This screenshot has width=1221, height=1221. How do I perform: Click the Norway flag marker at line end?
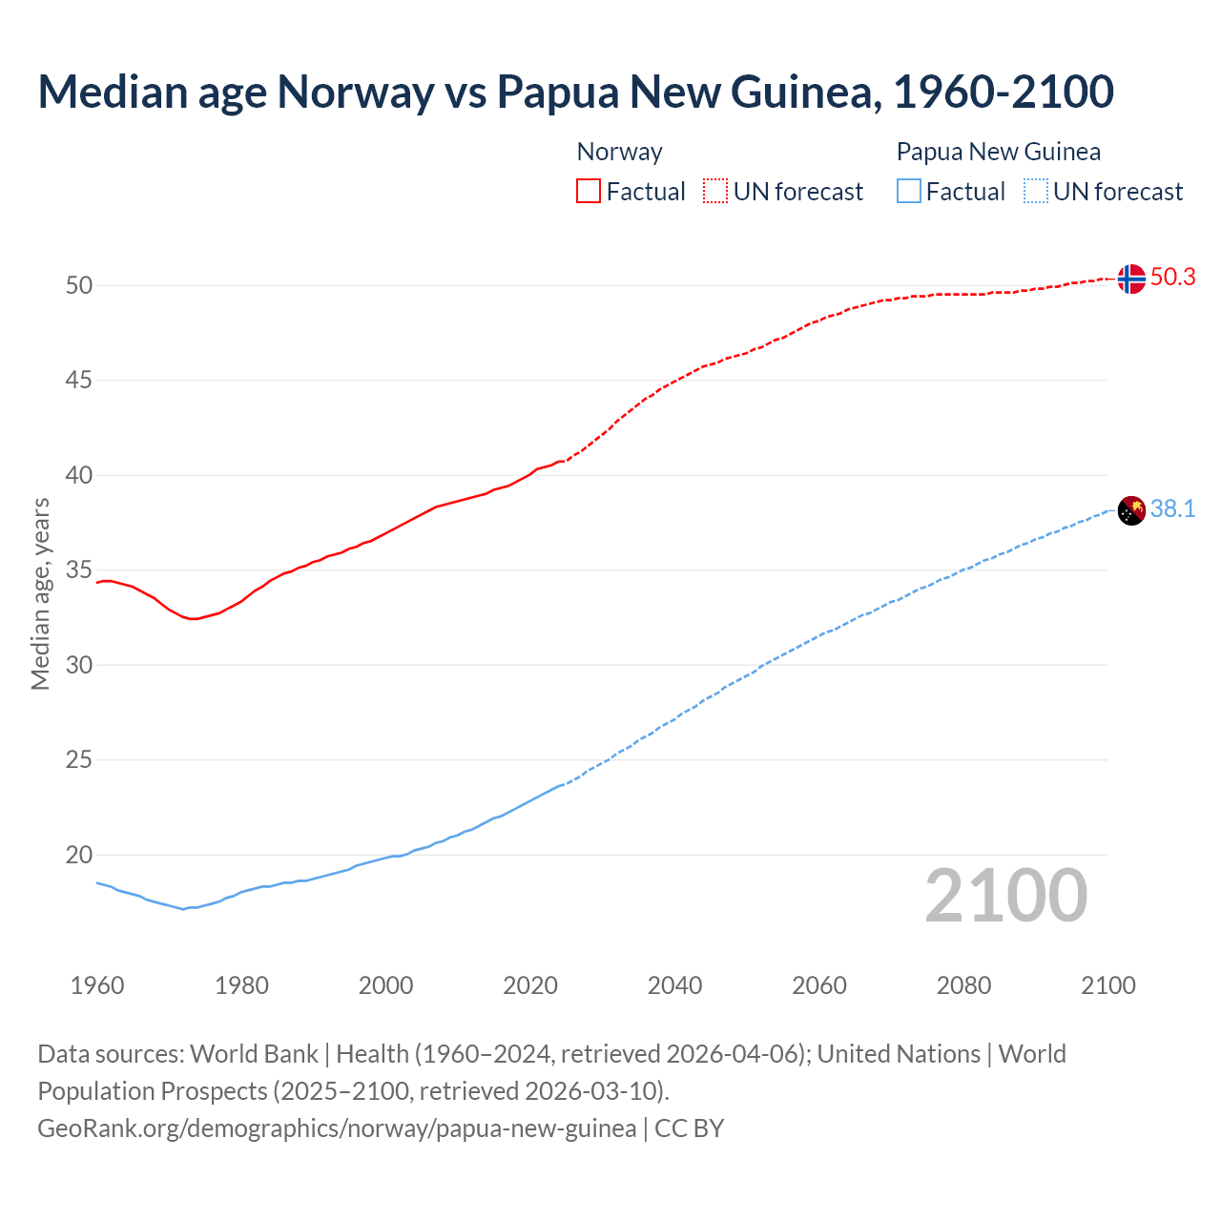pyautogui.click(x=1131, y=279)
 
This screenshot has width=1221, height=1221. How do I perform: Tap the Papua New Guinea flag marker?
pyautogui.click(x=1131, y=510)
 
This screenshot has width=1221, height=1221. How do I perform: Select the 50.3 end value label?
pyautogui.click(x=1173, y=278)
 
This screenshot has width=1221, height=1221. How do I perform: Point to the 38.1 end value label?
pyautogui.click(x=1173, y=509)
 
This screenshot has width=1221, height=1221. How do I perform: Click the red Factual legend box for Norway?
pyautogui.click(x=589, y=192)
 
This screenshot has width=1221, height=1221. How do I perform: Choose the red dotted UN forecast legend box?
pyautogui.click(x=715, y=192)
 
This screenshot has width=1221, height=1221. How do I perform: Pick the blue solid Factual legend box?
pyautogui.click(x=909, y=192)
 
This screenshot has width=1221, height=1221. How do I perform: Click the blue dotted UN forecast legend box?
pyautogui.click(x=1036, y=192)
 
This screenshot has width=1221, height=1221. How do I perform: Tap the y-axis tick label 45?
pyautogui.click(x=79, y=381)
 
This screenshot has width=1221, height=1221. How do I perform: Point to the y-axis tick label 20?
pyautogui.click(x=79, y=856)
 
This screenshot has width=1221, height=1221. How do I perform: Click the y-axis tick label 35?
pyautogui.click(x=79, y=570)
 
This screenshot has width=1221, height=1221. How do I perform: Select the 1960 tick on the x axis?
pyautogui.click(x=97, y=985)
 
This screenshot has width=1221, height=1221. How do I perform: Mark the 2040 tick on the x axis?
pyautogui.click(x=674, y=985)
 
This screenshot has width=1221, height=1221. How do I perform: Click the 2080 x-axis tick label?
pyautogui.click(x=963, y=985)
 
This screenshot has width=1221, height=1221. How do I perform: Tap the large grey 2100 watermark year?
pyautogui.click(x=1006, y=896)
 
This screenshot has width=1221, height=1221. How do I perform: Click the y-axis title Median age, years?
pyautogui.click(x=40, y=593)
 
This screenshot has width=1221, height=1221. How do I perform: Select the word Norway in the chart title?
pyautogui.click(x=355, y=92)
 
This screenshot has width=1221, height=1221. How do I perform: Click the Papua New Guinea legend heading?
pyautogui.click(x=998, y=152)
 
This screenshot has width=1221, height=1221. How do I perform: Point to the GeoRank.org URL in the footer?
pyautogui.click(x=337, y=1128)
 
